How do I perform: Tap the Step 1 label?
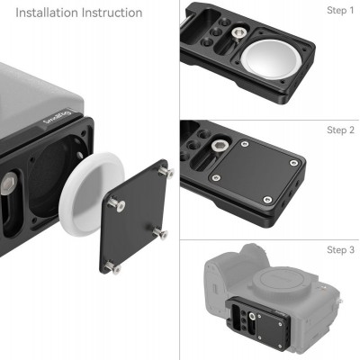(340, 11)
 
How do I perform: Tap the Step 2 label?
(340, 130)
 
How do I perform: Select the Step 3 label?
(340, 249)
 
